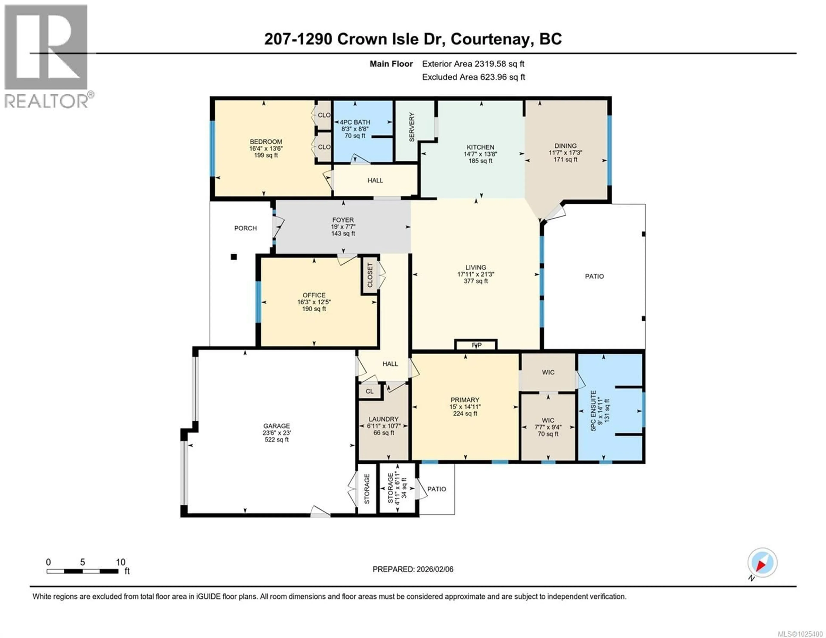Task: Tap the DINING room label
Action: [566, 146]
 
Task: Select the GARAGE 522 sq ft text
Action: [276, 440]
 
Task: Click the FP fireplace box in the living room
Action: [476, 345]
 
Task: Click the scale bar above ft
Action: [82, 571]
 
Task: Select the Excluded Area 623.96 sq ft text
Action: [473, 77]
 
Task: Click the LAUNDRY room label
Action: [384, 419]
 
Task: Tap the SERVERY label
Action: [412, 127]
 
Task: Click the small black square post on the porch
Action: [234, 257]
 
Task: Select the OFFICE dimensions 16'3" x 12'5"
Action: [314, 302]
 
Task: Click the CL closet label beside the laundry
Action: [370, 391]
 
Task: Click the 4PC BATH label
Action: [355, 122]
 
